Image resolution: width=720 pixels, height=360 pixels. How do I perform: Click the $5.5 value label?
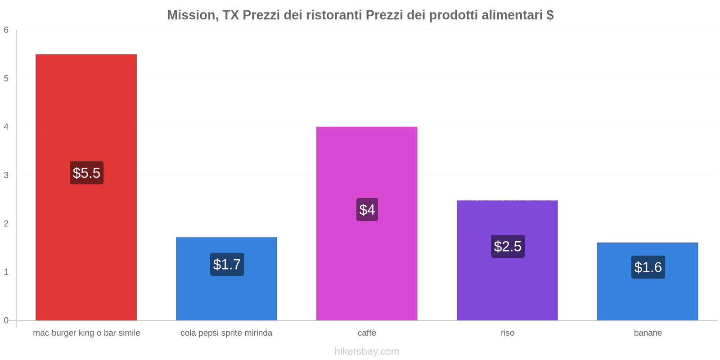point(86,173)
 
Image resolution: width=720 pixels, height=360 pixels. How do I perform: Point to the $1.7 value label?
point(227,264)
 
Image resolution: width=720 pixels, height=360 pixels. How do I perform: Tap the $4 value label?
point(367,209)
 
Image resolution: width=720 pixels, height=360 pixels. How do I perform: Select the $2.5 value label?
point(508,246)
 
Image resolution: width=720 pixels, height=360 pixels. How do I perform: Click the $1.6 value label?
point(648,267)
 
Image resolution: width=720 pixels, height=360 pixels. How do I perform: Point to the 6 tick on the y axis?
point(6,30)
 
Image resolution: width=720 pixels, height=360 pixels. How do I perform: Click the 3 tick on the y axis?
point(6,175)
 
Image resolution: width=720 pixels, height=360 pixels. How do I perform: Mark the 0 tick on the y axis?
point(6,320)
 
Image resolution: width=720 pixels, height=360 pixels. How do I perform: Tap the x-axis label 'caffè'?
point(367,333)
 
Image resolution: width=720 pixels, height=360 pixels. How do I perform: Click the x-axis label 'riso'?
point(507,333)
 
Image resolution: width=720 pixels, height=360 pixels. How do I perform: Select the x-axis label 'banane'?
point(648,333)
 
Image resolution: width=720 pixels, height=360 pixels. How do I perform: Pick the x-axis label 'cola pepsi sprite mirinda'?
point(226,333)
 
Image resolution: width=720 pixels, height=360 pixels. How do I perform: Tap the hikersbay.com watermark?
point(367,351)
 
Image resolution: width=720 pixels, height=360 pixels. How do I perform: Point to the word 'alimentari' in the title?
point(512,15)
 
